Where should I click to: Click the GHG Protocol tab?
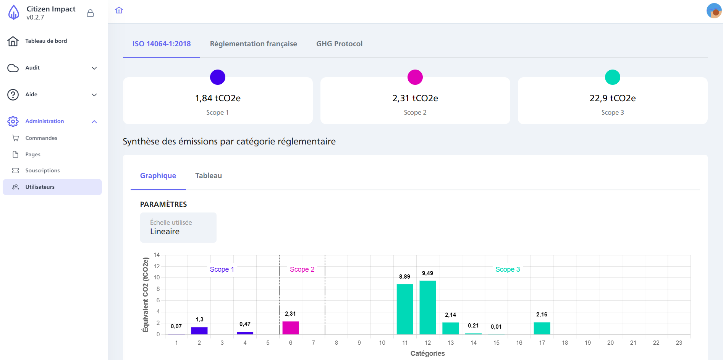tap(339, 44)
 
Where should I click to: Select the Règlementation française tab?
tap(253, 44)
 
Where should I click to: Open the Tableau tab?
tap(208, 176)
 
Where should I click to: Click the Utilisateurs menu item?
tap(40, 187)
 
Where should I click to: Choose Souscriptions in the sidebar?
tap(42, 170)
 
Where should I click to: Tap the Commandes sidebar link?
tap(41, 138)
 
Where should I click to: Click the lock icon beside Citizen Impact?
tap(91, 13)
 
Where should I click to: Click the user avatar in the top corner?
tap(713, 11)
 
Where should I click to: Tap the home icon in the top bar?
tap(119, 10)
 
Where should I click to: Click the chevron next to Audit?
tap(94, 68)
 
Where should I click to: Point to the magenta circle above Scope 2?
tap(415, 77)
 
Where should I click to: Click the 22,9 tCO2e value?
tap(612, 98)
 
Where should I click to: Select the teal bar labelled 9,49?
tap(427, 307)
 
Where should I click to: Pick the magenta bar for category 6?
tap(291, 328)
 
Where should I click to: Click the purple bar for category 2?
tap(199, 331)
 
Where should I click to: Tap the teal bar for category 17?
tap(542, 328)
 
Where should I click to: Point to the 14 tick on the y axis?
tap(157, 255)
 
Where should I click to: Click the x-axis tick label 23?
tap(679, 343)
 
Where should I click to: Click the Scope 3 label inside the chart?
tap(507, 269)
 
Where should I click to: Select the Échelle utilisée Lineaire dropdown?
tap(178, 227)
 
